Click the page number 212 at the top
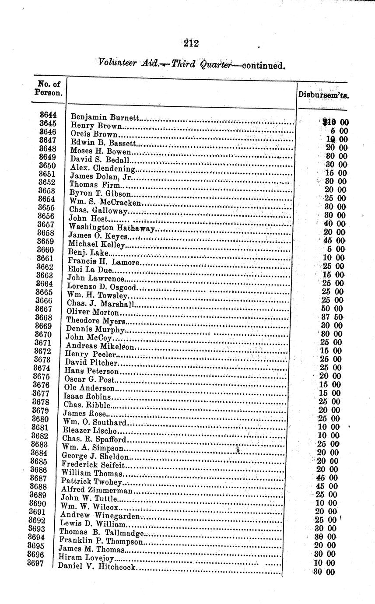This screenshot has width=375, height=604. pos(191,43)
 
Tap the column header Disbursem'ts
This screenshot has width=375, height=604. pos(323,94)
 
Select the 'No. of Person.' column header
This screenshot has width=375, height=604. pos(49,88)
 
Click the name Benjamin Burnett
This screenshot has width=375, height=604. pos(105,118)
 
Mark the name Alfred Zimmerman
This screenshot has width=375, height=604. pos(96,490)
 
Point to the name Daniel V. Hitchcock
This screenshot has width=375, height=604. pos(97,568)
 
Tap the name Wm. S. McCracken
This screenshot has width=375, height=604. pos(105,203)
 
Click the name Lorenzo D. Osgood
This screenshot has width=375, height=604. pos(102,287)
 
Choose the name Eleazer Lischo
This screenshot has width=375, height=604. pos(90,431)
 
